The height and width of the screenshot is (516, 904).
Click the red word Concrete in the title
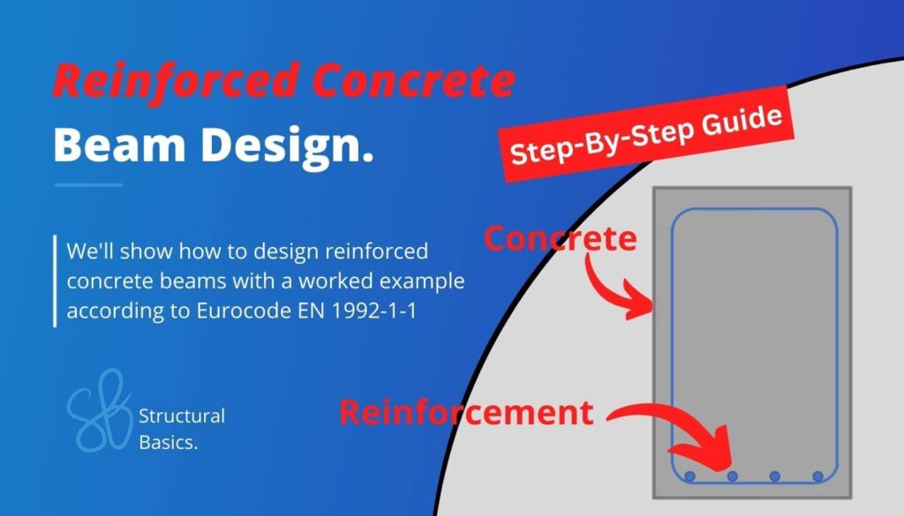click(x=415, y=82)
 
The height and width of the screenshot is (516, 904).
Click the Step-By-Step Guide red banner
click(x=647, y=139)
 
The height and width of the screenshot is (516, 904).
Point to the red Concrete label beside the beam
click(x=560, y=238)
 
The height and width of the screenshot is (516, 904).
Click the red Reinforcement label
click(x=466, y=413)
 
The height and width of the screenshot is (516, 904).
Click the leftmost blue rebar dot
click(x=690, y=476)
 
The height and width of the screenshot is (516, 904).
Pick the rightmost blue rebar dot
click(x=817, y=476)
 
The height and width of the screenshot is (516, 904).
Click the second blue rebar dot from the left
click(x=733, y=476)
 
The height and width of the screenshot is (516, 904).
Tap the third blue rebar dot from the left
click(x=775, y=476)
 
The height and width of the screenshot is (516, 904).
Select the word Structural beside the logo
click(x=182, y=415)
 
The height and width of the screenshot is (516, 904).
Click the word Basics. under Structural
click(x=169, y=442)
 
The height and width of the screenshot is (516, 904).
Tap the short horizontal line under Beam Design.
click(x=88, y=185)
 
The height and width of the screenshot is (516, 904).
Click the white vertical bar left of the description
click(x=55, y=280)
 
